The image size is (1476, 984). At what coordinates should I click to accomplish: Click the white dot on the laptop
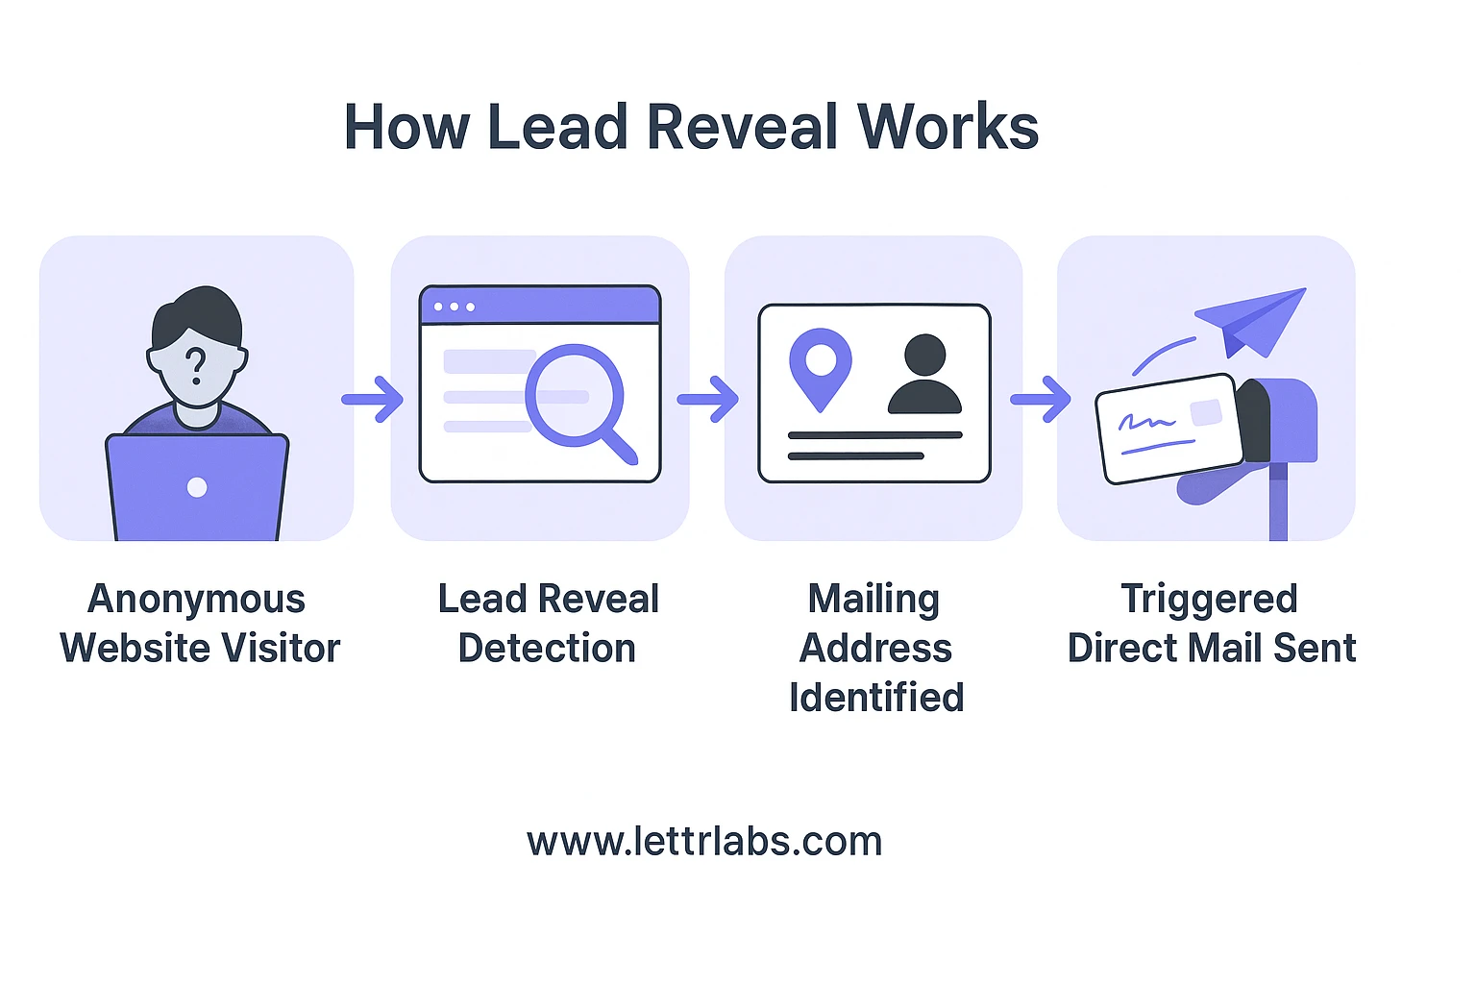(x=197, y=487)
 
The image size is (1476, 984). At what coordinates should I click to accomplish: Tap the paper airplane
(x=1252, y=320)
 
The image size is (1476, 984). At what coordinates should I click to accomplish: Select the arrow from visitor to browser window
(x=373, y=399)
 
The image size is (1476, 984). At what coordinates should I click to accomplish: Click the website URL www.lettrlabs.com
(x=704, y=842)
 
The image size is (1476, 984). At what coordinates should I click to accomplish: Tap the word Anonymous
(x=196, y=599)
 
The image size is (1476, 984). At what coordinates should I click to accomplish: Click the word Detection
(x=547, y=649)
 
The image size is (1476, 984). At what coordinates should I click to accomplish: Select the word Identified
(x=875, y=698)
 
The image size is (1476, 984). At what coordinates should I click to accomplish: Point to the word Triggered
(x=1209, y=599)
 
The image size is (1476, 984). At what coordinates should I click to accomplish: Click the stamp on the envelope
(x=1206, y=413)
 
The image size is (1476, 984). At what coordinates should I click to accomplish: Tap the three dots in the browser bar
(x=455, y=307)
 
